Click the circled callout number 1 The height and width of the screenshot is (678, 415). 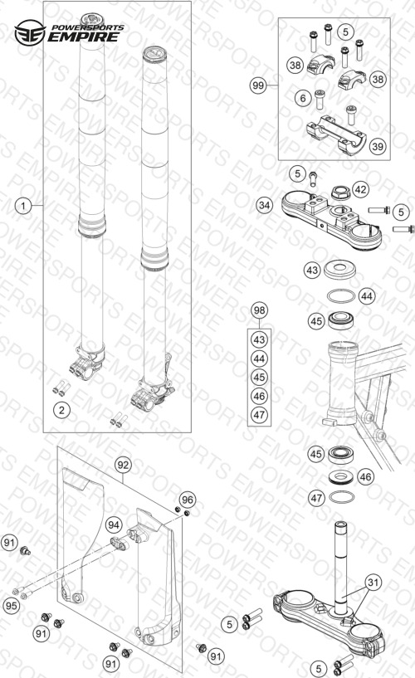pyautogui.click(x=23, y=205)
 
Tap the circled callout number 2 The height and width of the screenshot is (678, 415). pyautogui.click(x=61, y=409)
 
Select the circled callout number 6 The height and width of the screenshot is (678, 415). pyautogui.click(x=303, y=98)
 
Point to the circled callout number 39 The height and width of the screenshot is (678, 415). pyautogui.click(x=378, y=146)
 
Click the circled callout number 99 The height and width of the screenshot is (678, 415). pyautogui.click(x=258, y=85)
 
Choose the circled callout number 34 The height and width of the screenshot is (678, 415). pyautogui.click(x=264, y=204)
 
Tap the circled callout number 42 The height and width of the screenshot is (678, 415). pyautogui.click(x=360, y=189)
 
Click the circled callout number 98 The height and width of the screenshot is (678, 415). pyautogui.click(x=259, y=310)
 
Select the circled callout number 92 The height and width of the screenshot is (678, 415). pyautogui.click(x=123, y=465)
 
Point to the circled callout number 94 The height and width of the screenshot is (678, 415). pyautogui.click(x=114, y=525)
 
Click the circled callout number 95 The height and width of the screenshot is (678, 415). pyautogui.click(x=12, y=605)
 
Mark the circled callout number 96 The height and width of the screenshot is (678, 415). pyautogui.click(x=188, y=500)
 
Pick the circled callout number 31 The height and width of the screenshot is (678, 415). pyautogui.click(x=373, y=583)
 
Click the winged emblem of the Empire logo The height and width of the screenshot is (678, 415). pyautogui.click(x=30, y=33)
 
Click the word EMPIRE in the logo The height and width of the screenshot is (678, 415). pyautogui.click(x=83, y=37)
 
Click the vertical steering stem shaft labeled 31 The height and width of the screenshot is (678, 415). pyautogui.click(x=340, y=562)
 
